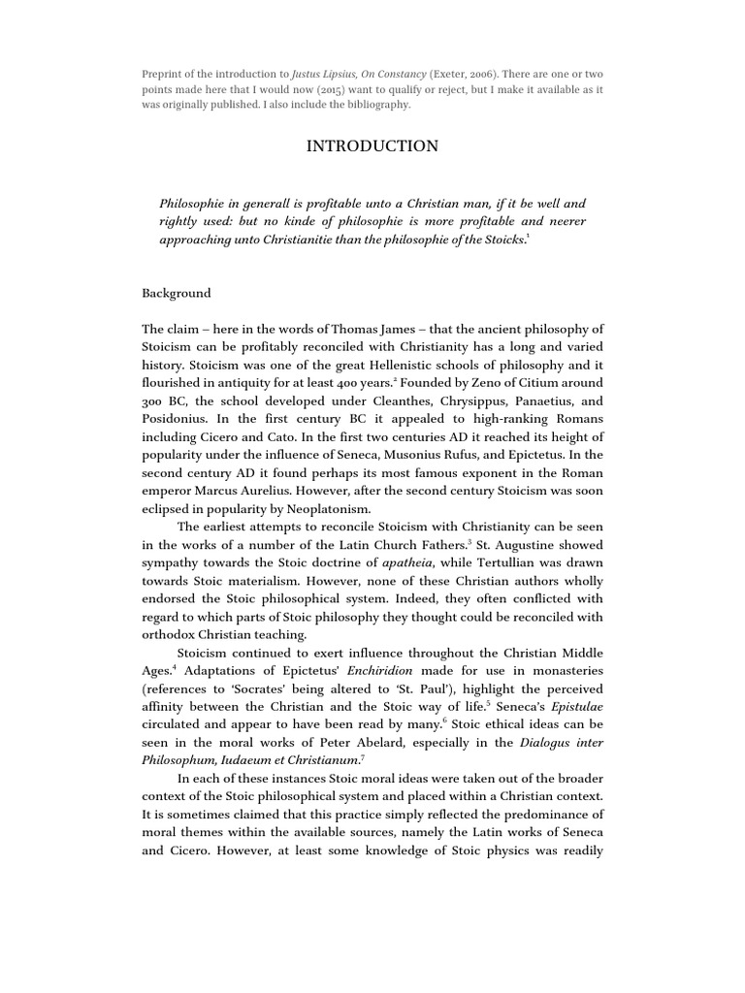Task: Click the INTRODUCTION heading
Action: pyautogui.click(x=372, y=147)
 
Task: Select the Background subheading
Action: pyautogui.click(x=176, y=293)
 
